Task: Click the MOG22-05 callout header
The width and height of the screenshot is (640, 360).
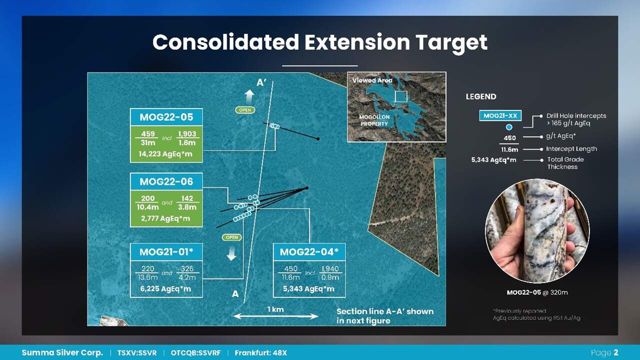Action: pyautogui.click(x=166, y=117)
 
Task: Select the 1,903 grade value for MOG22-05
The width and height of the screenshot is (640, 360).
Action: pyautogui.click(x=187, y=134)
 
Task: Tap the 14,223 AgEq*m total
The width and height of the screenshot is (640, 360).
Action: pyautogui.click(x=165, y=154)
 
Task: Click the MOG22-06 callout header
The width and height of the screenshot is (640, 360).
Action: pyautogui.click(x=166, y=181)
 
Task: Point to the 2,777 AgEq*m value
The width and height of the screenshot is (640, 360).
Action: pyautogui.click(x=165, y=218)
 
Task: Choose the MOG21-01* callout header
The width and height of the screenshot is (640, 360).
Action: pyautogui.click(x=166, y=251)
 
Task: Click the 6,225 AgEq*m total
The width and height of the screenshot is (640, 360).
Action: pyautogui.click(x=165, y=288)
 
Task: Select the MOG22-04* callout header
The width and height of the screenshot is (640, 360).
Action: pyautogui.click(x=309, y=251)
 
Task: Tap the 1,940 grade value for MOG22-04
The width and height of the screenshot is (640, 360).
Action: pyautogui.click(x=330, y=268)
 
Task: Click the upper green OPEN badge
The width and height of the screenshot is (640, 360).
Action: pyautogui.click(x=245, y=110)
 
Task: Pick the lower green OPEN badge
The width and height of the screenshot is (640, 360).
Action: pyautogui.click(x=231, y=237)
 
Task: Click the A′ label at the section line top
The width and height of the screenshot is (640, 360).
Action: pyautogui.click(x=261, y=83)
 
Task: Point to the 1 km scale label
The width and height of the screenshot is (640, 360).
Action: pyautogui.click(x=275, y=309)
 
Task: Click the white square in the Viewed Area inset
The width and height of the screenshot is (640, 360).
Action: pyautogui.click(x=401, y=96)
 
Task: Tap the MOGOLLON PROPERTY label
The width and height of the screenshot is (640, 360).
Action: pyautogui.click(x=374, y=120)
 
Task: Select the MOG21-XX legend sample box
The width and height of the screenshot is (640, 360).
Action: pyautogui.click(x=500, y=115)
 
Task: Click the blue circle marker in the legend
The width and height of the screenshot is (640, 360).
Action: pyautogui.click(x=509, y=127)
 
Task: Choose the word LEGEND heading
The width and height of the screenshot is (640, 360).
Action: pyautogui.click(x=481, y=96)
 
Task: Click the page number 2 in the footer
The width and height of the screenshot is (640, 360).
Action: pyautogui.click(x=615, y=352)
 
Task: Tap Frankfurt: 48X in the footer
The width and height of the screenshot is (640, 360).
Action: pyautogui.click(x=260, y=353)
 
